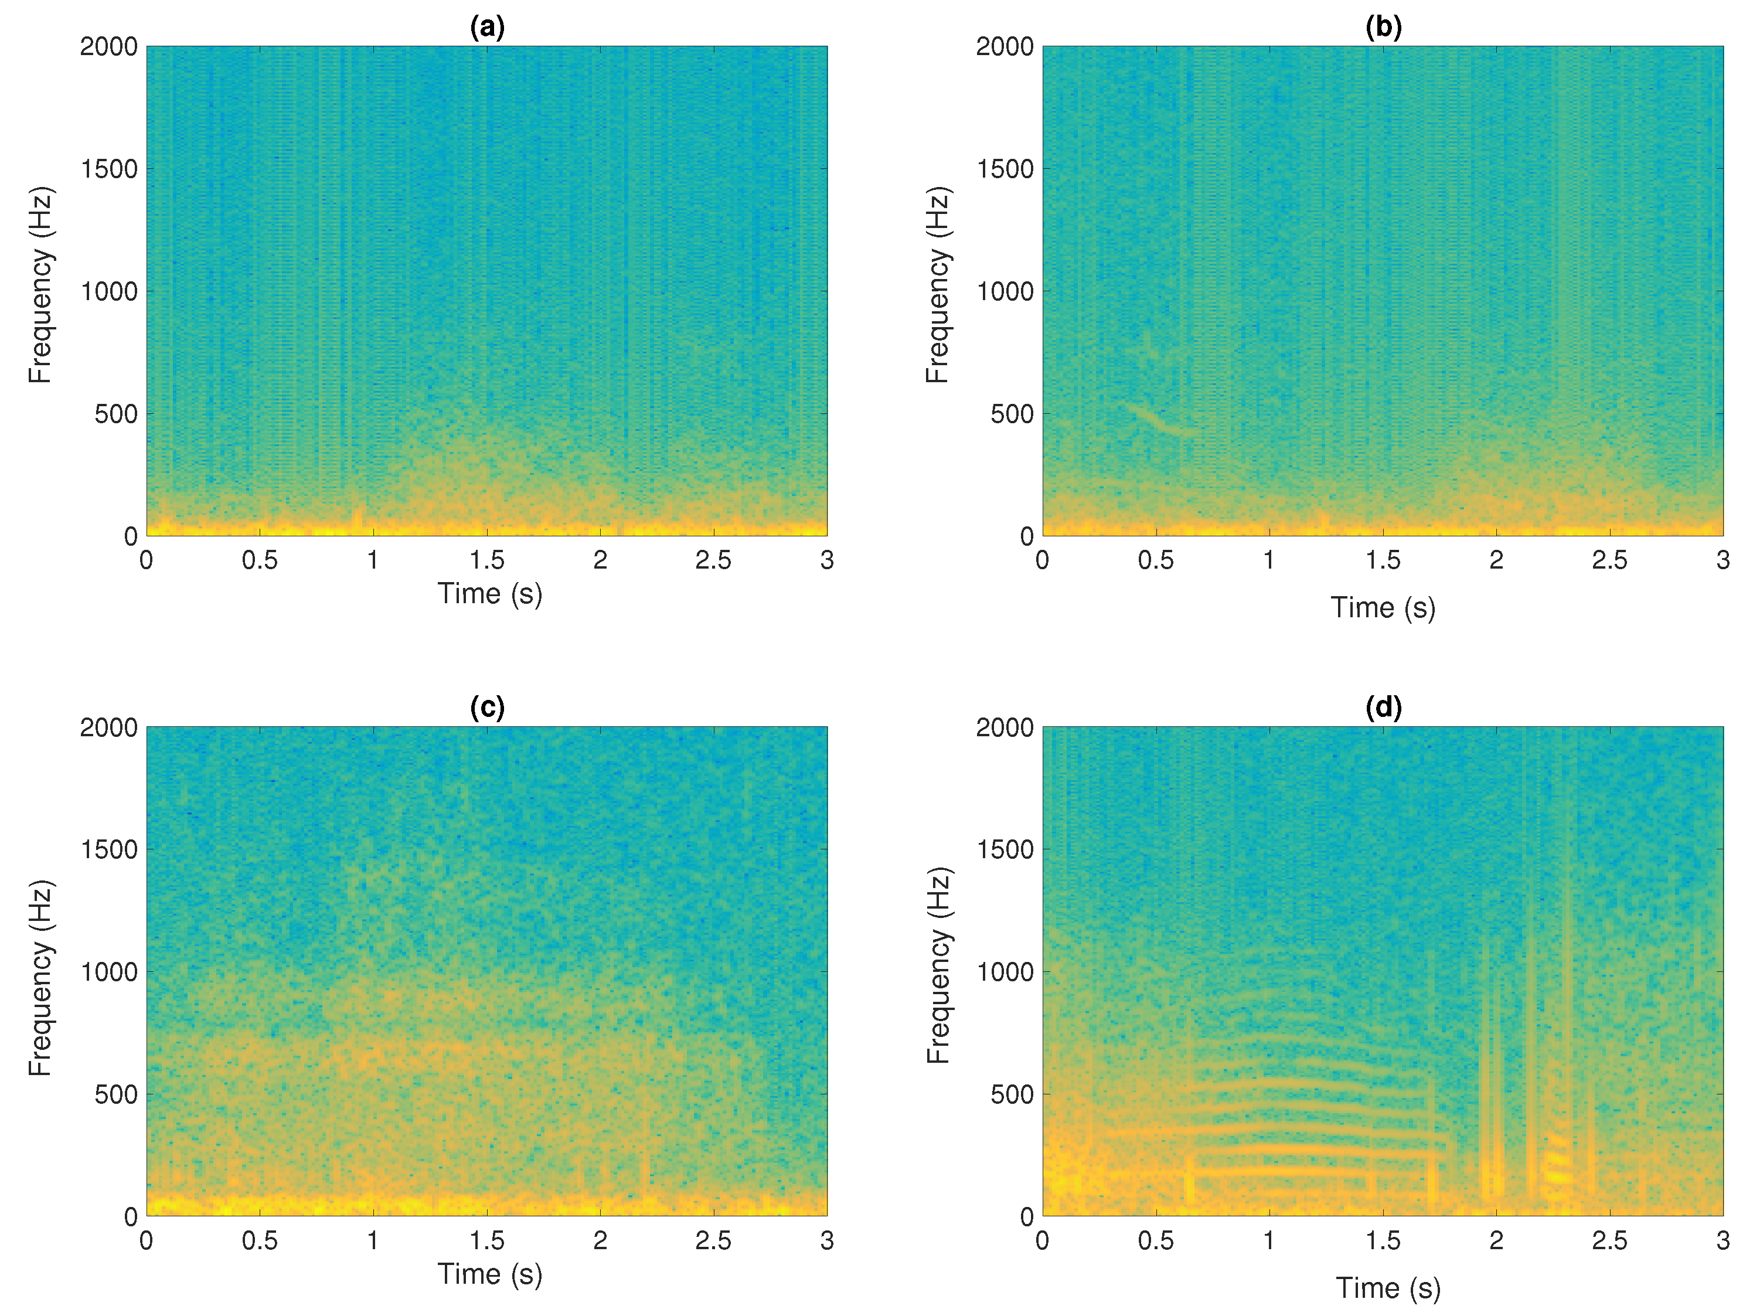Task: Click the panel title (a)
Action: pos(486,28)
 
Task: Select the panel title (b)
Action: pos(1383,28)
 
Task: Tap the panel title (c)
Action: pos(486,707)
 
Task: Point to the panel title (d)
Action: pos(1383,707)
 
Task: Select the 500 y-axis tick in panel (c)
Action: pos(115,1094)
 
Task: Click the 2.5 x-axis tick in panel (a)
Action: pos(713,560)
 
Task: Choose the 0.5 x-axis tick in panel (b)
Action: pos(1155,560)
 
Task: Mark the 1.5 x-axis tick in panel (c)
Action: pos(486,1241)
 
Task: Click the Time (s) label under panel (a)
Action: pos(490,594)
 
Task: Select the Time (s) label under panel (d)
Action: pos(1388,1288)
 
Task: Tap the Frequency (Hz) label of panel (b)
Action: pos(938,285)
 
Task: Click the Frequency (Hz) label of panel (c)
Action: pos(40,978)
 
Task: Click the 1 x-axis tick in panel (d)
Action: pos(1269,1241)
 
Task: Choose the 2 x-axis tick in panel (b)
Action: pos(1496,560)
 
